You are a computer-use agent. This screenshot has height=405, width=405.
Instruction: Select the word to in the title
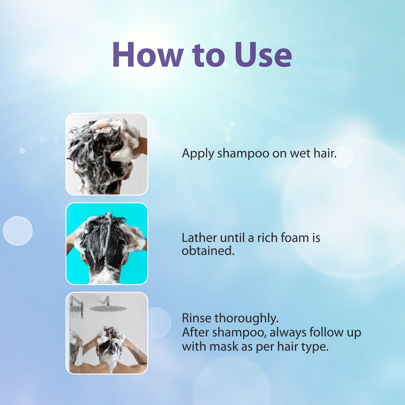(209, 56)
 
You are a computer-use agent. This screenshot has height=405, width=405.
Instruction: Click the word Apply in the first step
(198, 154)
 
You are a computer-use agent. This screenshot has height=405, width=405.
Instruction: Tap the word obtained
(208, 251)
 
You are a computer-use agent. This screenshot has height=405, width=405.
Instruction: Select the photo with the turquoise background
(107, 244)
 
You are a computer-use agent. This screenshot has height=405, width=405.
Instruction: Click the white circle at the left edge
(18, 231)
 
